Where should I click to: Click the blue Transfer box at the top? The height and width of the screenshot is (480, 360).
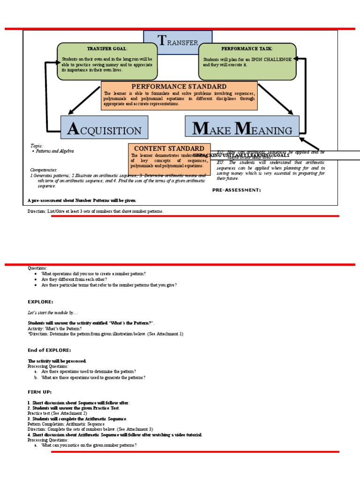click(178, 42)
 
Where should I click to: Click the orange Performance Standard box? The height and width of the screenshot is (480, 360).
click(179, 96)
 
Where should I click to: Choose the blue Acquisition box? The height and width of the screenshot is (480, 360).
click(104, 127)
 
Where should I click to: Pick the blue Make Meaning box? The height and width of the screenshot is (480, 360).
click(242, 127)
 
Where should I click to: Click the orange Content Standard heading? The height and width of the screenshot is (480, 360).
click(169, 149)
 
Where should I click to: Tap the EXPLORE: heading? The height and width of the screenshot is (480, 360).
click(40, 302)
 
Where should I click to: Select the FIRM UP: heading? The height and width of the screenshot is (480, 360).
click(40, 392)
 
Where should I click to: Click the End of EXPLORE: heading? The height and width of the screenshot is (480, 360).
click(49, 350)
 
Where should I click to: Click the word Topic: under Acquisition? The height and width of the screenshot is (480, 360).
click(37, 146)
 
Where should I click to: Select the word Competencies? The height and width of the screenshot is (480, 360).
click(44, 170)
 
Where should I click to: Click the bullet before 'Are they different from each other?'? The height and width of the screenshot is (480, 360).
click(36, 279)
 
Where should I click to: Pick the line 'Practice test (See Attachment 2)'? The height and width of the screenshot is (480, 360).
click(57, 413)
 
